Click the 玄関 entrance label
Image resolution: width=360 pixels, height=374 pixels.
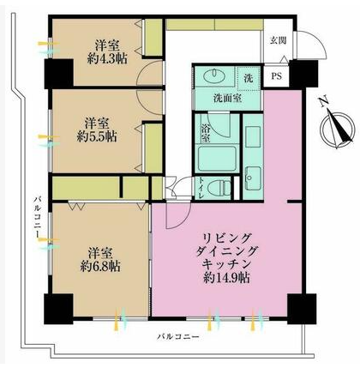point(279,40)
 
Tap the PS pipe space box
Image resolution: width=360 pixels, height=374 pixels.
point(276,76)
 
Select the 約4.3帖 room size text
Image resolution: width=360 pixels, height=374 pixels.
point(107,59)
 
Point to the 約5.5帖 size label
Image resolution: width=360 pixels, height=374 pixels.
point(97,137)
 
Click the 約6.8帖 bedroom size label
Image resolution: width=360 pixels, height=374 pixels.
point(100,267)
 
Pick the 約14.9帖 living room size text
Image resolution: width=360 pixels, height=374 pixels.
point(227,278)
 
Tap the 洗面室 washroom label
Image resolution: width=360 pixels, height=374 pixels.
point(228,99)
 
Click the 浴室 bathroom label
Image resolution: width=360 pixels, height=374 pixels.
point(206,133)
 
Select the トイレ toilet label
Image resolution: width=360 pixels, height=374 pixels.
point(201,188)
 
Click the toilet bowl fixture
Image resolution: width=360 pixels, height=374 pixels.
point(219,188)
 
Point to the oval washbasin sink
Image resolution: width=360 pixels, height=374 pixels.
point(214,75)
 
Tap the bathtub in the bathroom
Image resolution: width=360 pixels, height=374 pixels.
point(217,159)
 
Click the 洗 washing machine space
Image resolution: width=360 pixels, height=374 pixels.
point(249,78)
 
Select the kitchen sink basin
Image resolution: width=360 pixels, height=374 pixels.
point(253,178)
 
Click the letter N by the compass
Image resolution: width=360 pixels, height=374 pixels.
point(323,102)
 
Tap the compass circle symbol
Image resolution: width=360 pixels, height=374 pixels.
point(336,130)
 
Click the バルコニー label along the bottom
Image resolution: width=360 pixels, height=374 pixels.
point(177,337)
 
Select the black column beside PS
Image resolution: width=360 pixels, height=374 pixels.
point(303,75)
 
